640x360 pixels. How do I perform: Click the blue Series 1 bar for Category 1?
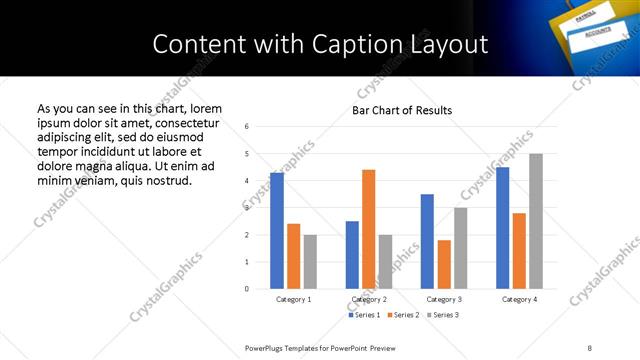[x=277, y=231]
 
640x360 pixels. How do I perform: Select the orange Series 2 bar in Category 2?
[x=368, y=229]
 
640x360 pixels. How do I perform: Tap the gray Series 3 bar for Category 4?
[x=536, y=221]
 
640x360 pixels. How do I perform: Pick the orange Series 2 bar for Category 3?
[x=444, y=264]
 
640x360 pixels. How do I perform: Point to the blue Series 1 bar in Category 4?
[x=502, y=228]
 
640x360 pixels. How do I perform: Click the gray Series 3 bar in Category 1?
[x=310, y=262]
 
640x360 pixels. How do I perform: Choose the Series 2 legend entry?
[x=402, y=315]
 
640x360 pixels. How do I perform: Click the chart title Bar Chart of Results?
[x=402, y=110]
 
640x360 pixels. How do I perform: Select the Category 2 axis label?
[x=369, y=299]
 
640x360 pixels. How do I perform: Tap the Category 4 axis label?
[x=519, y=299]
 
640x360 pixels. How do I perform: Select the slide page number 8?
[x=589, y=347]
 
